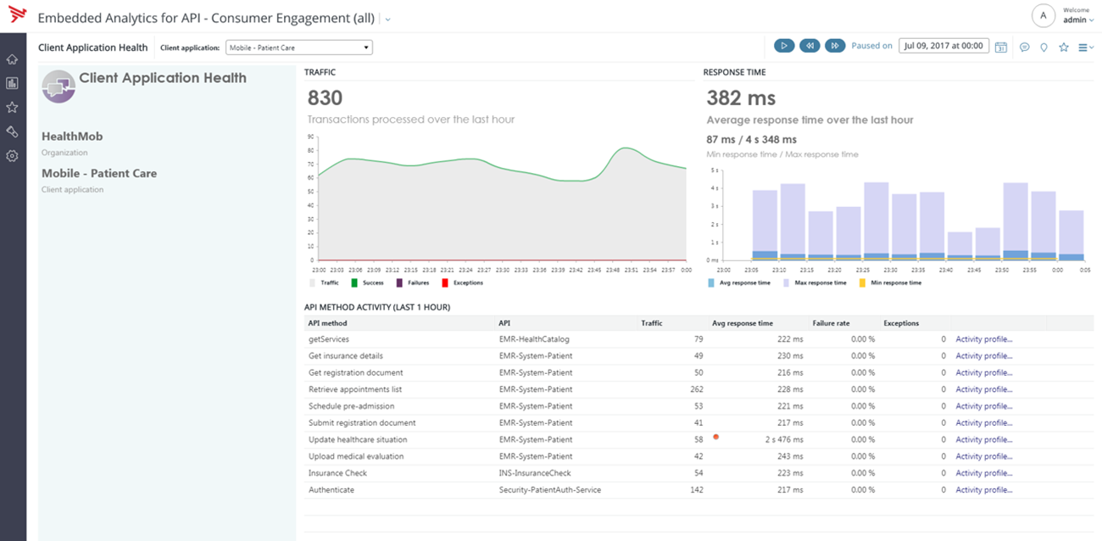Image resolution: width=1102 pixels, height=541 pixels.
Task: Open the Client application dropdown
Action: (298, 47)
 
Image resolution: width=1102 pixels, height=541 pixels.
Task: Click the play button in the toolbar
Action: (784, 46)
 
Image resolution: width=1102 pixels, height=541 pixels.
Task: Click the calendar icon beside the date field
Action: (1000, 47)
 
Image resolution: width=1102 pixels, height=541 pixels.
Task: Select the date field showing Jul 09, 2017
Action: (943, 46)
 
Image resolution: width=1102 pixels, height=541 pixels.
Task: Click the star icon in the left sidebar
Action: (12, 108)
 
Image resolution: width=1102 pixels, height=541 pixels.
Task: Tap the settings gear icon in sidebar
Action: (12, 156)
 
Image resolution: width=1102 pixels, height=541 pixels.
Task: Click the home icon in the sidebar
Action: (12, 59)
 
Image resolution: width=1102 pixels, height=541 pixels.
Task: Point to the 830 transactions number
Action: (326, 98)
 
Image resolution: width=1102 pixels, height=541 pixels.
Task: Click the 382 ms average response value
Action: (741, 98)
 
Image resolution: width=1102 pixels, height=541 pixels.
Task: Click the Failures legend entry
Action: (413, 282)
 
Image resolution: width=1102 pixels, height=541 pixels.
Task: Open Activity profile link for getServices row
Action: (983, 339)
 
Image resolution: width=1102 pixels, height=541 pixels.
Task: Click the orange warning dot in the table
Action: (716, 437)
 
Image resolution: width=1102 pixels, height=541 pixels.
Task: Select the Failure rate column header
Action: (831, 323)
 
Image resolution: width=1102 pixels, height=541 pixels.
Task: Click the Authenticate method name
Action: (331, 489)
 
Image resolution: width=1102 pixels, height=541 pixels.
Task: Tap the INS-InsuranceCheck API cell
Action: (535, 473)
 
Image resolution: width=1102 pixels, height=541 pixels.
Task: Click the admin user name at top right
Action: (1074, 20)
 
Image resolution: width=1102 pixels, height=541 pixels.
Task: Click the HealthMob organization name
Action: (72, 137)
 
